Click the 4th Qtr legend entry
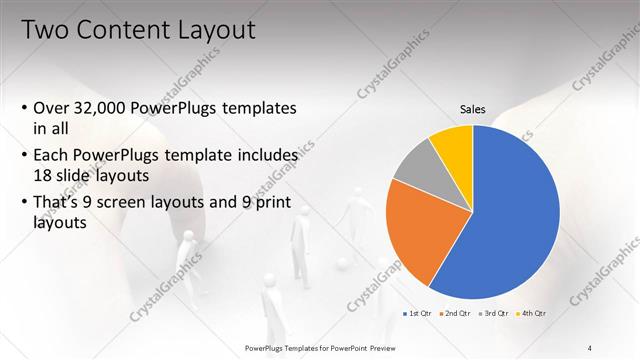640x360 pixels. (x=532, y=313)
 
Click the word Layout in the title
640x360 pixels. (x=219, y=30)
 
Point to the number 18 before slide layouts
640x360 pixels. (x=44, y=174)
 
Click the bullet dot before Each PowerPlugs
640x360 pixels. (x=24, y=156)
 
